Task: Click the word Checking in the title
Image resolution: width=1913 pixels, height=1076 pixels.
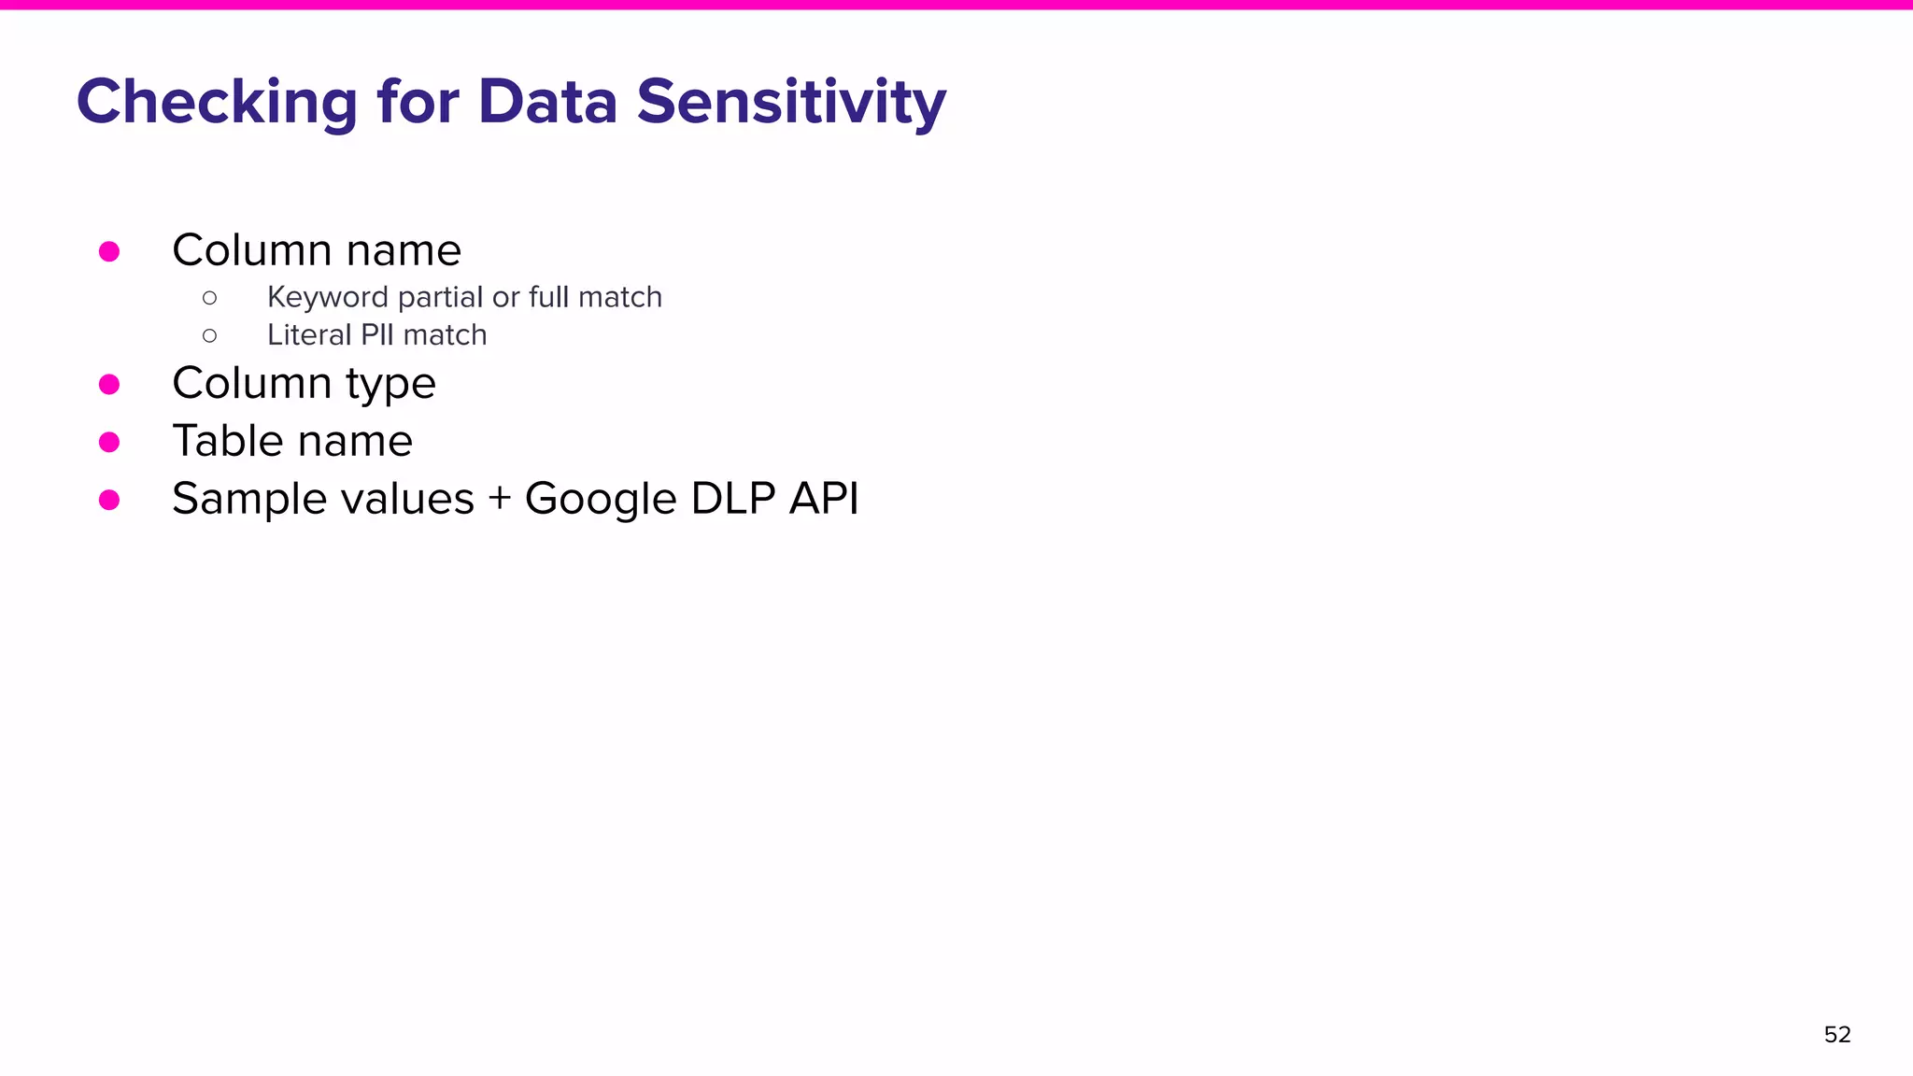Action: coord(217,102)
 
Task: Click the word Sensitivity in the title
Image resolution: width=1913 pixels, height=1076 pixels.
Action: coord(791,102)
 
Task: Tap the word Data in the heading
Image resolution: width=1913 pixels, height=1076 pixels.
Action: coord(547,102)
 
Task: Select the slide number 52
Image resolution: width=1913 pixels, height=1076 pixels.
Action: coord(1836,1035)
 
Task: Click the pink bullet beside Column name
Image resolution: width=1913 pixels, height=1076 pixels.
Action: coord(109,251)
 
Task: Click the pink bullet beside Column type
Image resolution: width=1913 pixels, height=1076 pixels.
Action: coord(109,384)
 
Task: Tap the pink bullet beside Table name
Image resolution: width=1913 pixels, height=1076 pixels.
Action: coord(109,442)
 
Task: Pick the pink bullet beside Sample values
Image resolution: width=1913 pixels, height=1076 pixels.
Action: coord(109,500)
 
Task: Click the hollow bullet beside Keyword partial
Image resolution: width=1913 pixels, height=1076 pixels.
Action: coord(209,298)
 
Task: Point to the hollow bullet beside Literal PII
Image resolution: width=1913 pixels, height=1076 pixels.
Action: coord(209,335)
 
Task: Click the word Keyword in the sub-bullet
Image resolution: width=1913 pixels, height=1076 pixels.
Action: coord(327,297)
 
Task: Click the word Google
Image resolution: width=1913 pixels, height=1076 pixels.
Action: coord(600,499)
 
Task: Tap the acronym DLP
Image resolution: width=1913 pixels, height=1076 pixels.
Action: coord(733,499)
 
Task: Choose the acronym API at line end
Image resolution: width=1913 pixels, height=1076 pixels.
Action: coord(823,499)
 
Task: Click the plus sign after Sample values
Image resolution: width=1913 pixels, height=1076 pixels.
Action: coord(500,499)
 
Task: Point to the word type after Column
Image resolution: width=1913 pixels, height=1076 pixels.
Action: coord(390,384)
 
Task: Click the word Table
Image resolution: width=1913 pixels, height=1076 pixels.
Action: coord(226,441)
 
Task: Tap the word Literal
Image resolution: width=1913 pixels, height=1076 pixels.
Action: coord(309,334)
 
